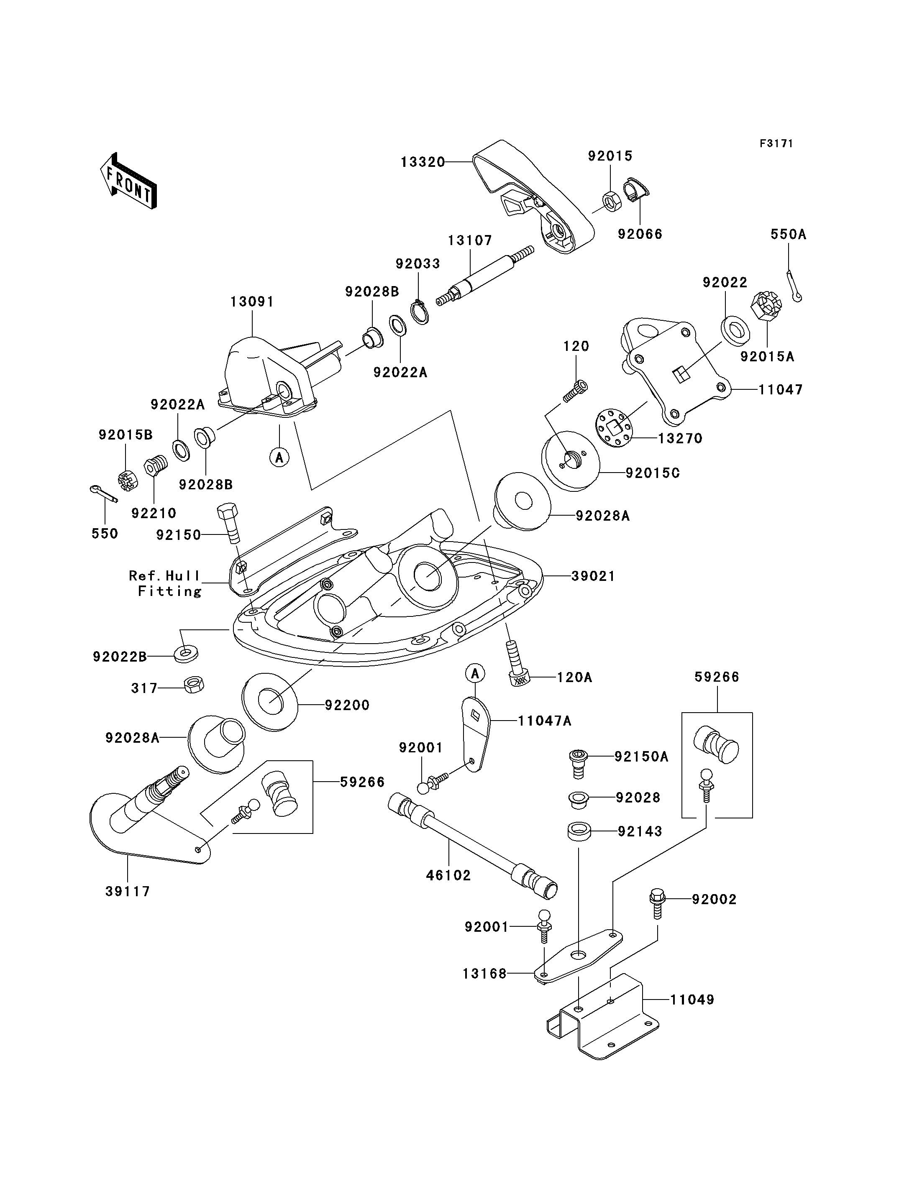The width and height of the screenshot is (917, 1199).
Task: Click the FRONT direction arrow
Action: pos(129,180)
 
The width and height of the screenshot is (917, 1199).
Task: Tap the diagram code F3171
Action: pos(776,143)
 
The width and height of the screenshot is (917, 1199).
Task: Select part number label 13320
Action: pos(423,162)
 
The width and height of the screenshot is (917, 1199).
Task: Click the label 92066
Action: pos(640,234)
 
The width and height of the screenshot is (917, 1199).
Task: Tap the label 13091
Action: pos(252,302)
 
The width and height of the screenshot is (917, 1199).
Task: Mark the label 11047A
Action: pos(545,721)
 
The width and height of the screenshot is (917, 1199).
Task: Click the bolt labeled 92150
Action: pos(229,523)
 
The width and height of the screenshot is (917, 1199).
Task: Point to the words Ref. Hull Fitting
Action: pos(165,583)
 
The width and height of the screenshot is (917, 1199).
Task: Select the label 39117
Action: pos(128,891)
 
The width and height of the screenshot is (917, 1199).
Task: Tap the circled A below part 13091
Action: pos(279,456)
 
